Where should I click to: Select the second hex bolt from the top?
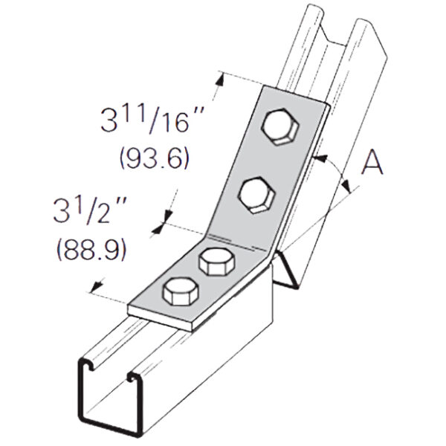(256, 195)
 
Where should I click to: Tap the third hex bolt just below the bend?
(216, 263)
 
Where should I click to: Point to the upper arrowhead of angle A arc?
(317, 158)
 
